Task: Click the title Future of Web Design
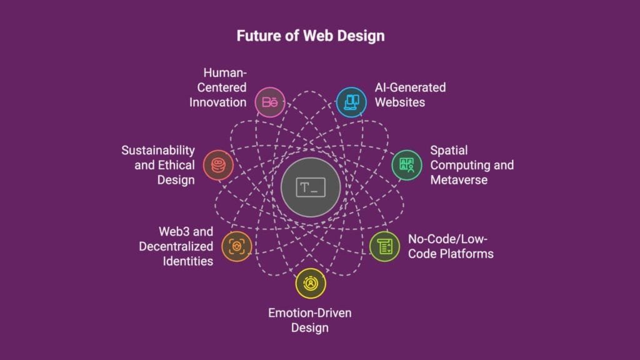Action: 310,36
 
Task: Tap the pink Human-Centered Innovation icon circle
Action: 271,102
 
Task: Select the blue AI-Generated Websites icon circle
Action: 351,102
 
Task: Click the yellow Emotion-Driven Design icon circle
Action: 310,282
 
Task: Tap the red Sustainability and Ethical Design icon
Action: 218,166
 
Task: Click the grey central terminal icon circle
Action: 310,186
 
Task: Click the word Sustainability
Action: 158,151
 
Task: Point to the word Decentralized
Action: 176,246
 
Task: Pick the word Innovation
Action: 218,102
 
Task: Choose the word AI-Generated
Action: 410,87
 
